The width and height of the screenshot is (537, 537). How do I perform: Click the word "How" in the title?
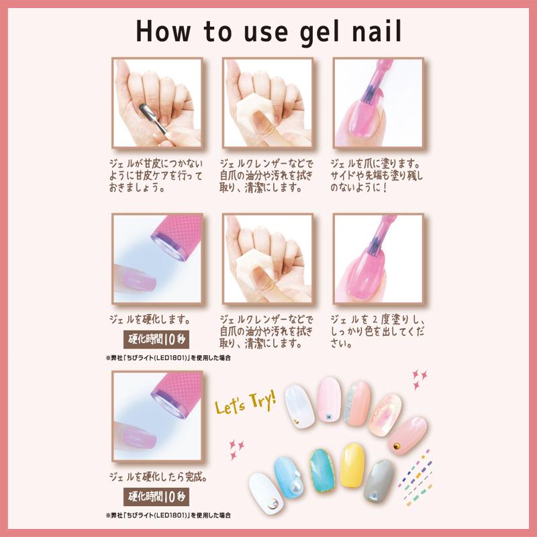click(x=163, y=31)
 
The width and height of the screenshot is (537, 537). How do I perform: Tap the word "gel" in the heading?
click(x=320, y=33)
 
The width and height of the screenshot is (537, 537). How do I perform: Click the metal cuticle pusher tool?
click(x=153, y=119)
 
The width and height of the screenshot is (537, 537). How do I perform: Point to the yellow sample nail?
click(x=352, y=465)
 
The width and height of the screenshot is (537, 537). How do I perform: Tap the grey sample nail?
click(x=379, y=481)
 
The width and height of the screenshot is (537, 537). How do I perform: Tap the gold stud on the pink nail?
click(x=397, y=446)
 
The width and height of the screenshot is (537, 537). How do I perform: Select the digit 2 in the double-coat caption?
click(x=375, y=320)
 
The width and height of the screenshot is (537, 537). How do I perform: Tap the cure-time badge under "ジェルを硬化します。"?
click(x=156, y=340)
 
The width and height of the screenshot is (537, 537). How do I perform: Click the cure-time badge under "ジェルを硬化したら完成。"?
click(x=156, y=497)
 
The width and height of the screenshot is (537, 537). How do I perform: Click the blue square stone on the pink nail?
click(x=328, y=416)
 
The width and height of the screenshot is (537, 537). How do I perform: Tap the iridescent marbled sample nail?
click(x=385, y=415)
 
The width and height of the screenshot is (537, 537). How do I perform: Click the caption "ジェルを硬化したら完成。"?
click(x=158, y=477)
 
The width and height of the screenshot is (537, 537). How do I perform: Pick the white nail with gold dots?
click(x=299, y=406)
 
